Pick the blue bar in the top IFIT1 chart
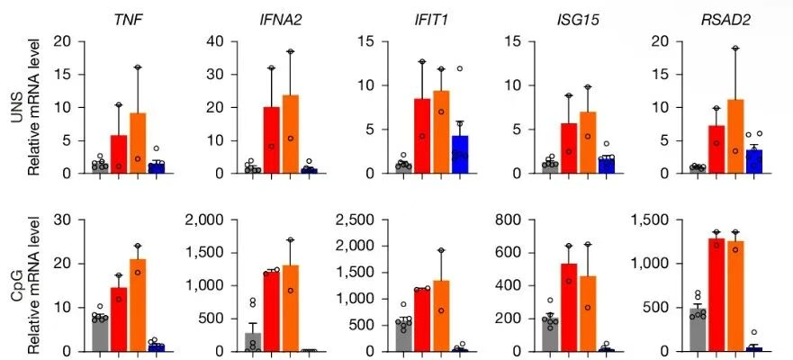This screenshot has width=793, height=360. pyautogui.click(x=460, y=154)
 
